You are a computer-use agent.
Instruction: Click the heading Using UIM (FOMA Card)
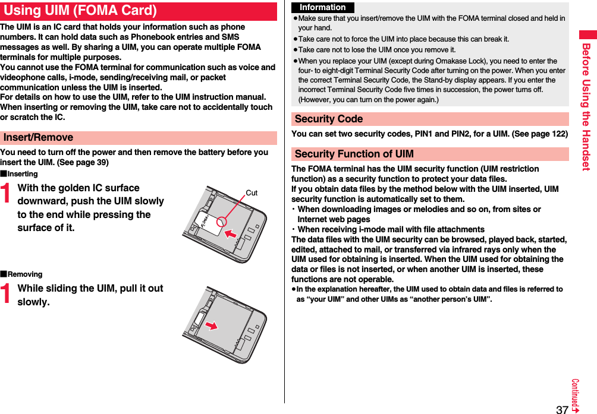click(x=80, y=11)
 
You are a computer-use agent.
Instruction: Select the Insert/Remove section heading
click(x=39, y=137)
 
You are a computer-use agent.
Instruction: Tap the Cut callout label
click(x=252, y=193)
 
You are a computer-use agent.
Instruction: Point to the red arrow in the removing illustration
click(x=210, y=325)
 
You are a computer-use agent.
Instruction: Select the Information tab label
click(x=322, y=8)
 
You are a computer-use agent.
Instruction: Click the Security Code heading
click(x=329, y=119)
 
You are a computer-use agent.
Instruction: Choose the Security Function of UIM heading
click(x=354, y=154)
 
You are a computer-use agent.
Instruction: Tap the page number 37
click(x=561, y=409)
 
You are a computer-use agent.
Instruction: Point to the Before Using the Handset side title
click(x=586, y=107)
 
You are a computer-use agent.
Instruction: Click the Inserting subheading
click(x=22, y=174)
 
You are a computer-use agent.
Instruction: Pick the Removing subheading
click(x=24, y=274)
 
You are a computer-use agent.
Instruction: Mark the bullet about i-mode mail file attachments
click(x=391, y=229)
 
